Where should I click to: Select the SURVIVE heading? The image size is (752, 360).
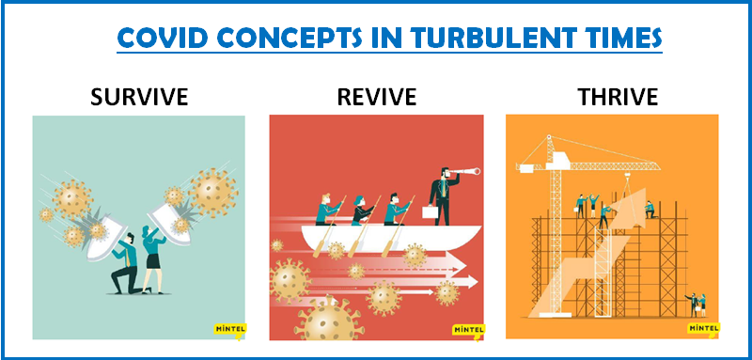click(x=139, y=98)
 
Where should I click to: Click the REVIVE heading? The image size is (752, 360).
click(x=377, y=98)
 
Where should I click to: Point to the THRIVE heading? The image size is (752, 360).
click(x=619, y=98)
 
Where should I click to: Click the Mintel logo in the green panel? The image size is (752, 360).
click(x=229, y=330)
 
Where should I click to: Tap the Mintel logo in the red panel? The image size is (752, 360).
click(x=468, y=331)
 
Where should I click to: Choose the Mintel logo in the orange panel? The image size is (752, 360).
click(x=703, y=329)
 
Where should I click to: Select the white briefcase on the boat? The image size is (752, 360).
click(x=431, y=211)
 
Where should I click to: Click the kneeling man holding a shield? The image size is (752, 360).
click(x=127, y=264)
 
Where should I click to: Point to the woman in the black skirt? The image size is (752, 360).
click(x=153, y=258)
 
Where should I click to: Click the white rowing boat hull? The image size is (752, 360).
click(x=391, y=238)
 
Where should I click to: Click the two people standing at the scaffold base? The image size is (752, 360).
click(x=696, y=305)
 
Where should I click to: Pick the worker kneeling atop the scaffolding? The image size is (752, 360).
click(x=650, y=210)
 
